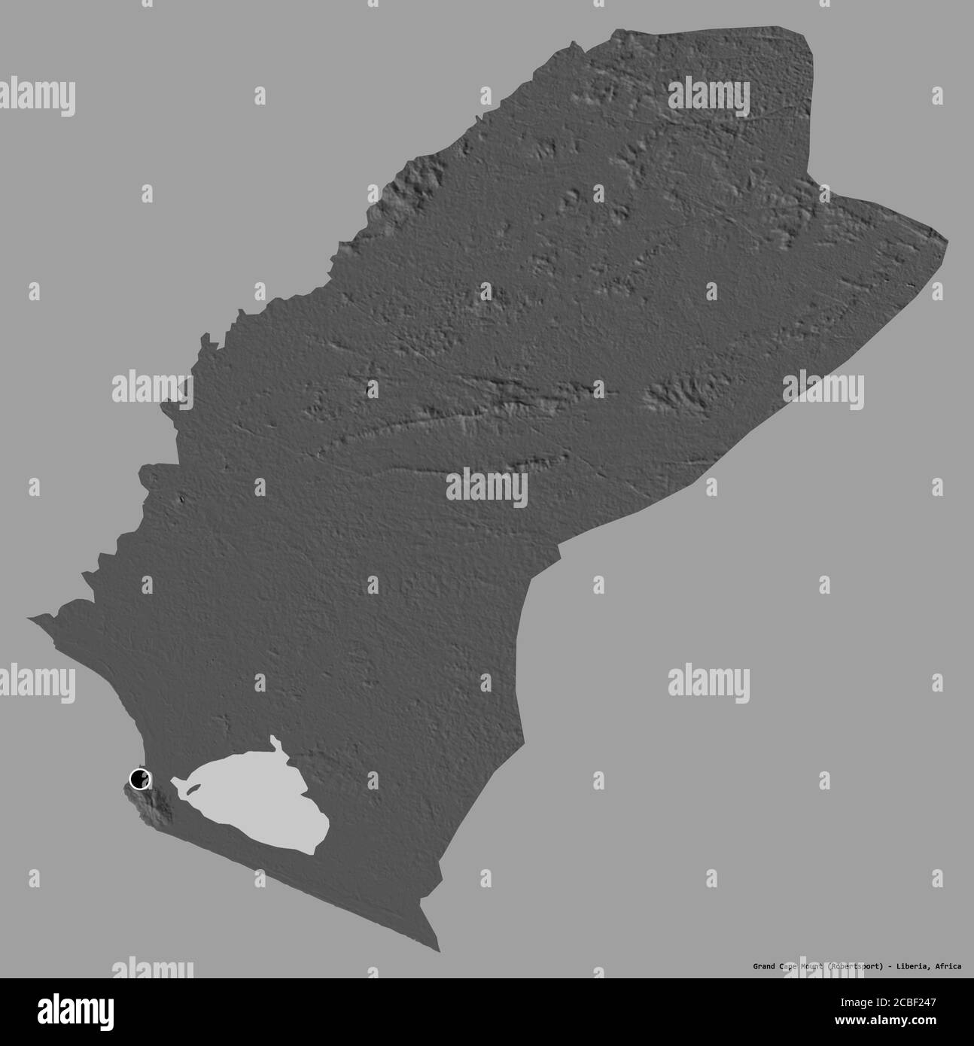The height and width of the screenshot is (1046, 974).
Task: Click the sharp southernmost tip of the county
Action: pos(439,950)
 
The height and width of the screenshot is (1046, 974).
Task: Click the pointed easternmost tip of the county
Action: pos(948,242)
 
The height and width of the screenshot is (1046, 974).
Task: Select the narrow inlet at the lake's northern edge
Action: pos(275,745)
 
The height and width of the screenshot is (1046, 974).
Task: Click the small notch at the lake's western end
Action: pos(175,783)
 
